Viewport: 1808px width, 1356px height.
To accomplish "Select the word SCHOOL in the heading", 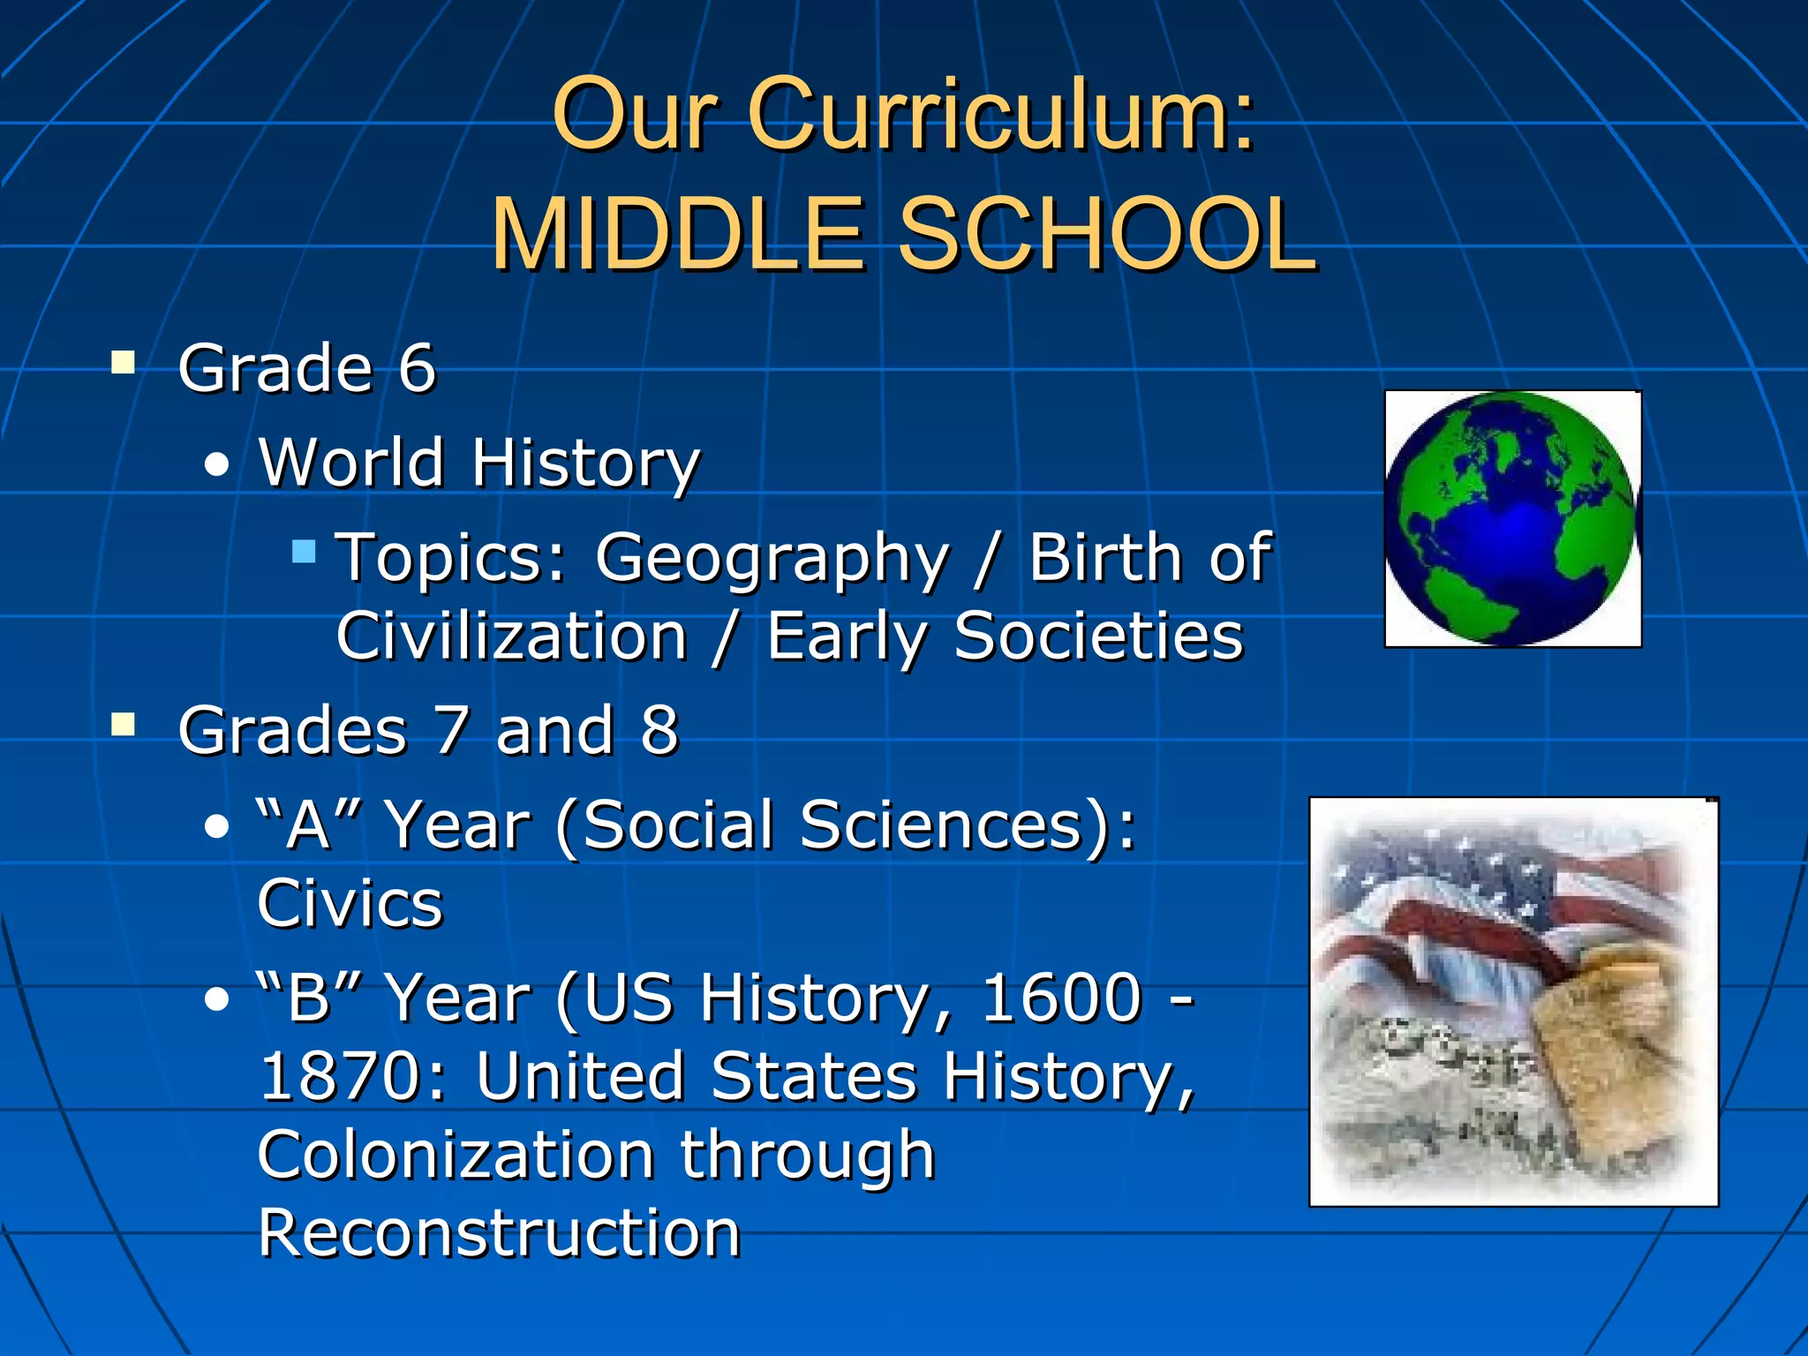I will point(1107,234).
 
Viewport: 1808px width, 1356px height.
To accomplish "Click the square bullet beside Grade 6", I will point(123,363).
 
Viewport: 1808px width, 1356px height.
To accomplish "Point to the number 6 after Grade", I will point(417,368).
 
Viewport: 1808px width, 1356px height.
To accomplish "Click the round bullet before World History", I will point(216,464).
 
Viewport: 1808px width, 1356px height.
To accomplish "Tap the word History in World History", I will point(585,463).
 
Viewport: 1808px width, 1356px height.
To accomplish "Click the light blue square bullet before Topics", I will point(304,552).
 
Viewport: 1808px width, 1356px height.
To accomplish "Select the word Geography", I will point(772,560).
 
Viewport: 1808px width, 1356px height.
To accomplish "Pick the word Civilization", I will point(511,637).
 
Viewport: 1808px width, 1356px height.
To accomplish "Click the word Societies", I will point(1097,637).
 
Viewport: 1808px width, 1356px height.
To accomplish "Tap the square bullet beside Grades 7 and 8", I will point(123,725).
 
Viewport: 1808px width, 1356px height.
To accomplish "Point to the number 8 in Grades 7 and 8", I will point(659,731).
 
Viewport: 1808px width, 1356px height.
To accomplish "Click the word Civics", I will point(350,904).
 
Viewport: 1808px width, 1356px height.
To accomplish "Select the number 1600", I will point(1061,998).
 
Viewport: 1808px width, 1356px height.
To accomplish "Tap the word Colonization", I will point(456,1156).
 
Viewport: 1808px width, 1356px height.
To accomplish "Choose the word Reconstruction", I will point(499,1233).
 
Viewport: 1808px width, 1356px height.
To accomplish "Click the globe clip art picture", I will point(1512,518).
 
